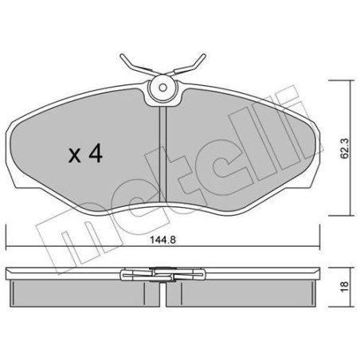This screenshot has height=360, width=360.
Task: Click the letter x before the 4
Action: pyautogui.click(x=74, y=156)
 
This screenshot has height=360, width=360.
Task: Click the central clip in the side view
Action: pyautogui.click(x=162, y=276)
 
